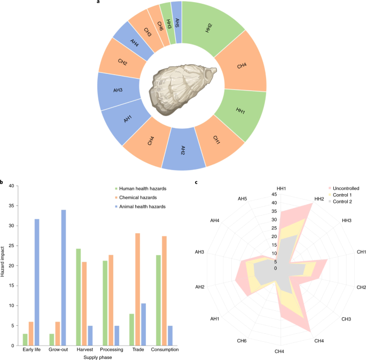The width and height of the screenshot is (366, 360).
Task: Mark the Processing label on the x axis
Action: pyautogui.click(x=111, y=349)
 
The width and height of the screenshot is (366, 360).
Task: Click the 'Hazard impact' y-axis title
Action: pyautogui.click(x=4, y=265)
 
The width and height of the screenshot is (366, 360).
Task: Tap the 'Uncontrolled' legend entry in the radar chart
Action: pyautogui.click(x=345, y=188)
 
